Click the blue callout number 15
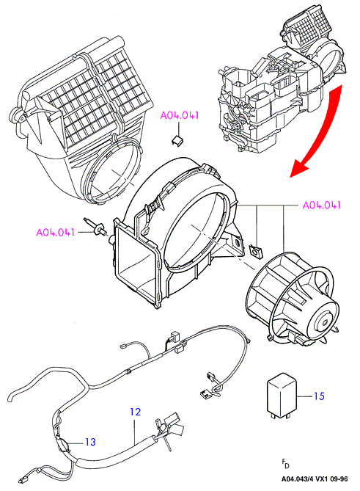point(319,396)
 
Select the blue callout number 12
point(136,412)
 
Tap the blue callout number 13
point(90,442)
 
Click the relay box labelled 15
point(282,396)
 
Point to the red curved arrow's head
point(298,168)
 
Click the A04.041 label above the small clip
point(180,115)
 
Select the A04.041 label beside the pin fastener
point(56,233)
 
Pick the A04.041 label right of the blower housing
point(322,205)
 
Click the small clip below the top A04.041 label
point(177,139)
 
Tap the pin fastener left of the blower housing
point(95,228)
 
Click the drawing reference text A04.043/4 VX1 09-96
point(314,479)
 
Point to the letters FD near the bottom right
point(285,464)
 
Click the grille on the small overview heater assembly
point(308,27)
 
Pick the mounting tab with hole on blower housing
point(237,243)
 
